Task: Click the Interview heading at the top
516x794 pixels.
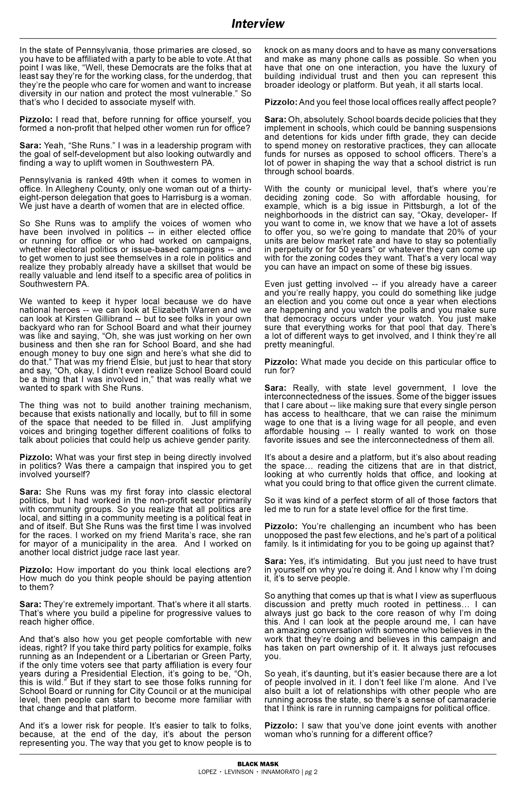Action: (258, 24)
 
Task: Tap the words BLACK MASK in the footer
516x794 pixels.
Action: (258, 764)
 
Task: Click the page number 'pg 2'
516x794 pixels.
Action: (311, 772)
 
